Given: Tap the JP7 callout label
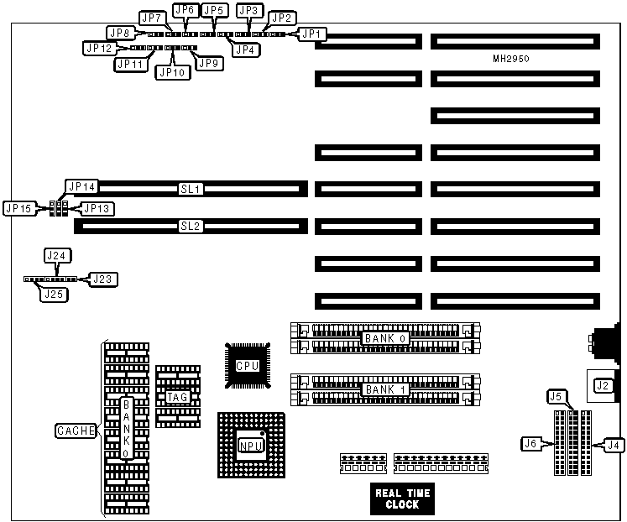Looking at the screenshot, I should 152,17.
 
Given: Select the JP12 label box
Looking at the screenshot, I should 99,49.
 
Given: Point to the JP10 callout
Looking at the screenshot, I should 173,72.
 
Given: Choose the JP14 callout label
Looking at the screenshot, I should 82,186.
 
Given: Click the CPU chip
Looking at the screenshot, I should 247,366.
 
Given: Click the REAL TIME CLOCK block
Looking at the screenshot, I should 402,499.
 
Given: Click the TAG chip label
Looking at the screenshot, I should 177,397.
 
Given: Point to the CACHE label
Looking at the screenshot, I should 76,431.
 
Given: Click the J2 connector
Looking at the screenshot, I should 603,386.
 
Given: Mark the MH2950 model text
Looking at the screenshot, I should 510,60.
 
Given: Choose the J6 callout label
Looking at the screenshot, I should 530,443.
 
